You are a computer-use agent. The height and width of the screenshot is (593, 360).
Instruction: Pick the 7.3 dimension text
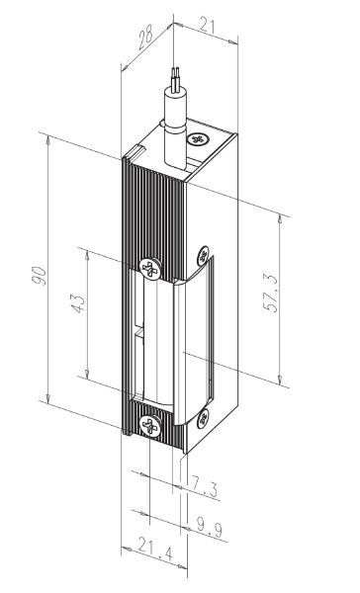[x=206, y=485]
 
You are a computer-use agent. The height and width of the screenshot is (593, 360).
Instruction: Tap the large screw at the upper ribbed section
[x=149, y=267]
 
